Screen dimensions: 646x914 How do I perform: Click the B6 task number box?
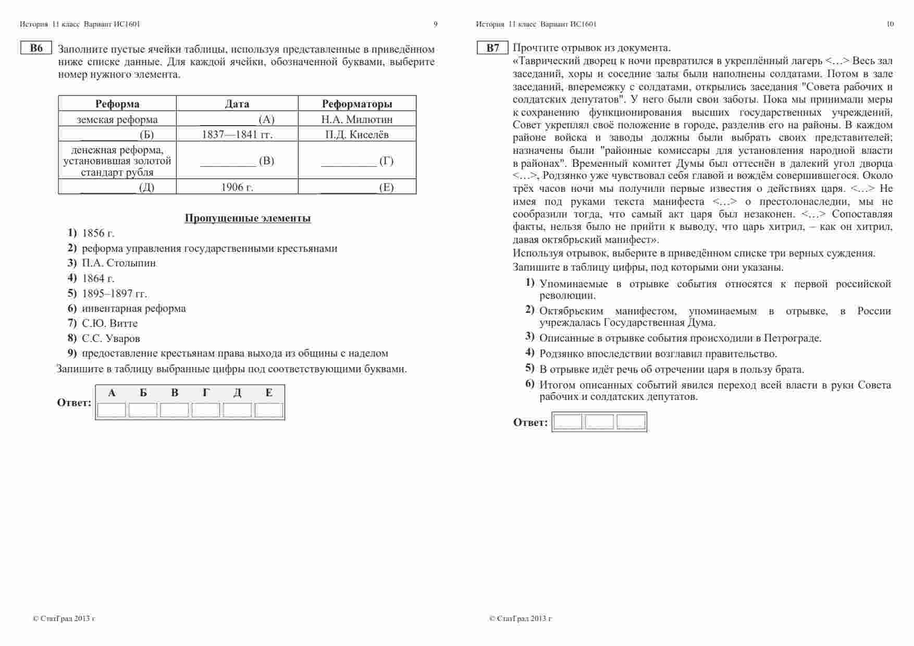(36, 48)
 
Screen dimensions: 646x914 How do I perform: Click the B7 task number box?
(492, 48)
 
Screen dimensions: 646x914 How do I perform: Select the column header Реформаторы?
(357, 104)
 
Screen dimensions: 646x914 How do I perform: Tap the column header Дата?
(237, 104)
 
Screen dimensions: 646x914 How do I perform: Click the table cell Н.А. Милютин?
(357, 119)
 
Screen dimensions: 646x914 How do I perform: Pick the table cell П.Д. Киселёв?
(357, 135)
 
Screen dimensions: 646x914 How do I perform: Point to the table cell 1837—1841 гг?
(237, 135)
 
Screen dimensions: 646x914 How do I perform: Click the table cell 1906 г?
(237, 187)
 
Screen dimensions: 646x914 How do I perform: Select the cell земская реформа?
(117, 119)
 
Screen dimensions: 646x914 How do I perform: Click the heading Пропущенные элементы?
(248, 218)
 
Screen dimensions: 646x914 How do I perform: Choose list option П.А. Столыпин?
(119, 263)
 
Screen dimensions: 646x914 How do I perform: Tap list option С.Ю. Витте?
(110, 323)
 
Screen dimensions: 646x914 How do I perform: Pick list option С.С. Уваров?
(111, 338)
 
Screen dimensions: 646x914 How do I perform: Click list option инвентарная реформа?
(134, 308)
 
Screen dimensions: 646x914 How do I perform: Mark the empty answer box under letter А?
(112, 410)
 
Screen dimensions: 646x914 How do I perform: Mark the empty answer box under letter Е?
(269, 410)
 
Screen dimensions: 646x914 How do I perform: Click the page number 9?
(436, 24)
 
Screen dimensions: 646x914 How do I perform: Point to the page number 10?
(890, 24)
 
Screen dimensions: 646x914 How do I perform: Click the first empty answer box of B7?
(567, 422)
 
